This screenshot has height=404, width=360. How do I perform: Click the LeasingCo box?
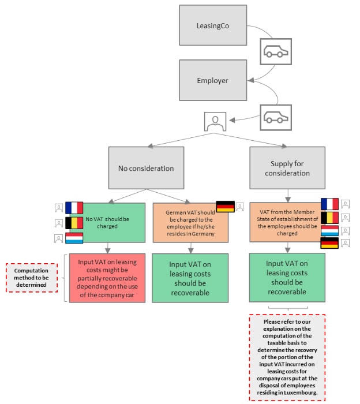click(213, 25)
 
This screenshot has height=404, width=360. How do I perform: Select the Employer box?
click(213, 80)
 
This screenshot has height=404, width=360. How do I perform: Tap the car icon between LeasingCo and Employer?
click(275, 52)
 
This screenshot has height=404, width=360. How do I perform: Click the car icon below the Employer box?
click(275, 117)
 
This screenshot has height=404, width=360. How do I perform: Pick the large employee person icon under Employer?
click(215, 121)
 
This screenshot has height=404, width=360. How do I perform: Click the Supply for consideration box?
click(287, 168)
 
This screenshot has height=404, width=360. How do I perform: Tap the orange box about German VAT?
click(190, 222)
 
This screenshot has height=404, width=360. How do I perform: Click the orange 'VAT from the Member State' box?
click(287, 222)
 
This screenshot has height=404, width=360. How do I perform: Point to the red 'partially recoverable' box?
click(107, 277)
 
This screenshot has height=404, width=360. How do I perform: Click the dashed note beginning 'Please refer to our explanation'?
click(287, 357)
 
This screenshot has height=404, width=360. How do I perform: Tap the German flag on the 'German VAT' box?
click(225, 207)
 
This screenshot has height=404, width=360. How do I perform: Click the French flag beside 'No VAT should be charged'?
click(74, 207)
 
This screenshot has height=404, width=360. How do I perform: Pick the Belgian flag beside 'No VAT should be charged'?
click(74, 223)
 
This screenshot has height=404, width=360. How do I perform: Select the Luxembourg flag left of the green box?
click(74, 238)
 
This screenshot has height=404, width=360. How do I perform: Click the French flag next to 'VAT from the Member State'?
click(329, 204)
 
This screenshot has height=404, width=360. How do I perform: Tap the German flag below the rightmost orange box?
click(329, 243)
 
